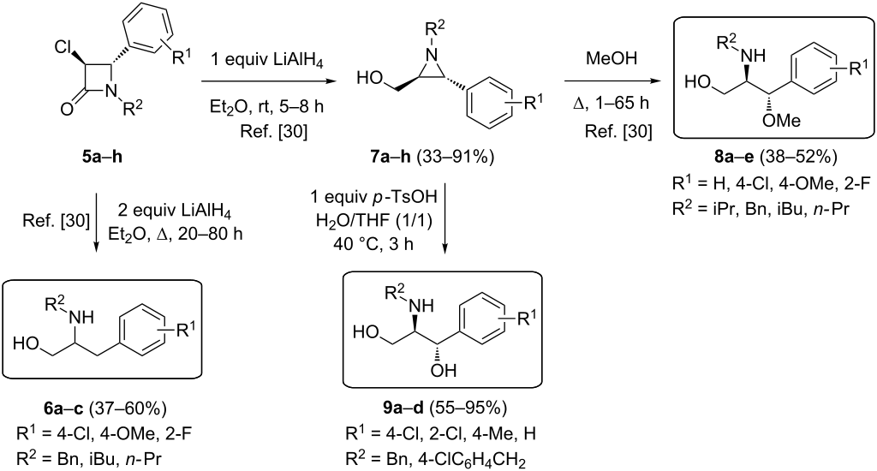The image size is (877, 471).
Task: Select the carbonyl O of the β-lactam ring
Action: point(67,110)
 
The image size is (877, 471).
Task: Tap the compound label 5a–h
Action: point(102,157)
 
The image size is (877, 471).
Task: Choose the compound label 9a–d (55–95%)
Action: point(444,408)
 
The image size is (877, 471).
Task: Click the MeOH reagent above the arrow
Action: point(612,58)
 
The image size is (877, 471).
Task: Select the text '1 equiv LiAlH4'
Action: point(267,60)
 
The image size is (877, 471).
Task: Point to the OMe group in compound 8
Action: point(782,120)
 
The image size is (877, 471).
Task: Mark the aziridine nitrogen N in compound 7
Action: point(430,54)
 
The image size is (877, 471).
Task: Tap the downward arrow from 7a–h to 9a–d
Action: point(445,215)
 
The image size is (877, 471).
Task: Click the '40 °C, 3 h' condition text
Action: point(372,244)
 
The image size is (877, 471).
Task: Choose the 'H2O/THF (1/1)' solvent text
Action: point(374,222)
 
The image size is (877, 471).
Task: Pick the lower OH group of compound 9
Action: point(444,370)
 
